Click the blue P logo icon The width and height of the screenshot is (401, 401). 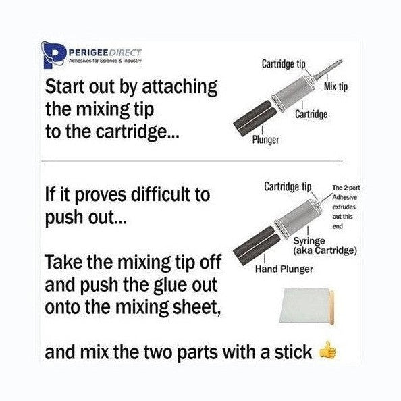53,55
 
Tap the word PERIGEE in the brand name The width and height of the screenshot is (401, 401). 88,53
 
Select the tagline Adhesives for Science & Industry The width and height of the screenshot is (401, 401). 105,61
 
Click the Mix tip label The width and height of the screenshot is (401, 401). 336,86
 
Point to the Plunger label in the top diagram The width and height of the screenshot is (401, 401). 266,140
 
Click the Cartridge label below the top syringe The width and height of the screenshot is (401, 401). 311,114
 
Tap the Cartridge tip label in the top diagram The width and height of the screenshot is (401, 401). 284,63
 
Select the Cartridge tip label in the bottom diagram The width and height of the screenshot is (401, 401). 288,186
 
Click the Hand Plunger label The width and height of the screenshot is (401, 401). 284,269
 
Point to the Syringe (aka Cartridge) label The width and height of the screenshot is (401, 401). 325,246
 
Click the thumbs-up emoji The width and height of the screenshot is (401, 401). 327,350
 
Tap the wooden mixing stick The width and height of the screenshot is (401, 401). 331,307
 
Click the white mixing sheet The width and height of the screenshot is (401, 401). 304,305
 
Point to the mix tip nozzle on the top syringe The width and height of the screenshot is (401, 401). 328,69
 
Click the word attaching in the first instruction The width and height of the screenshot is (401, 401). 180,87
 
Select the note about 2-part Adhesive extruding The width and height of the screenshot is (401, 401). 346,207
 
